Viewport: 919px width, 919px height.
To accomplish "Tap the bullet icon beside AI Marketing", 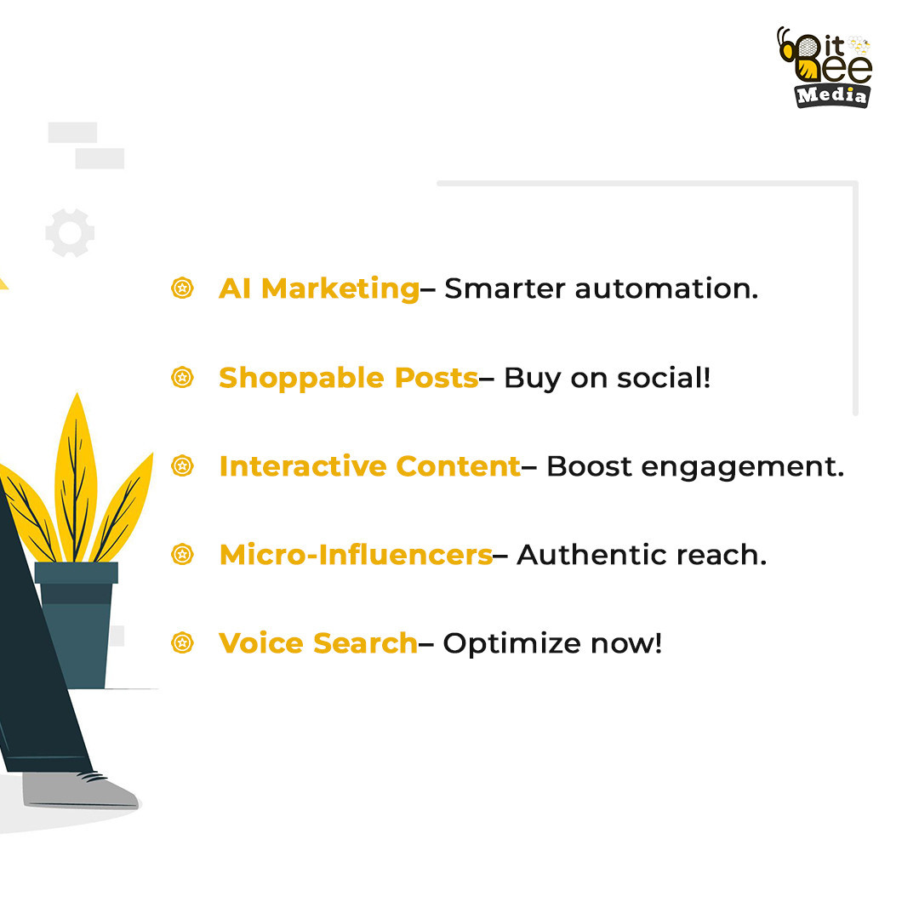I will pos(182,288).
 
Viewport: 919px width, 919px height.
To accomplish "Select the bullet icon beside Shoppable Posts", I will pos(182,377).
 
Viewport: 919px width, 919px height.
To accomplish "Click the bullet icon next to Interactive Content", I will pos(182,466).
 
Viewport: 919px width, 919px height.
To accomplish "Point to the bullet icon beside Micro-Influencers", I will pos(182,555).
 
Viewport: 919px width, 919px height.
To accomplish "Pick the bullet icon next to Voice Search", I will pos(182,643).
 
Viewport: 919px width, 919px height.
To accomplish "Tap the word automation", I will pos(666,289).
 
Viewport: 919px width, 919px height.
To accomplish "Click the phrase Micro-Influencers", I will pos(356,555).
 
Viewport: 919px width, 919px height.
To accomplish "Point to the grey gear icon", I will pos(70,232).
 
